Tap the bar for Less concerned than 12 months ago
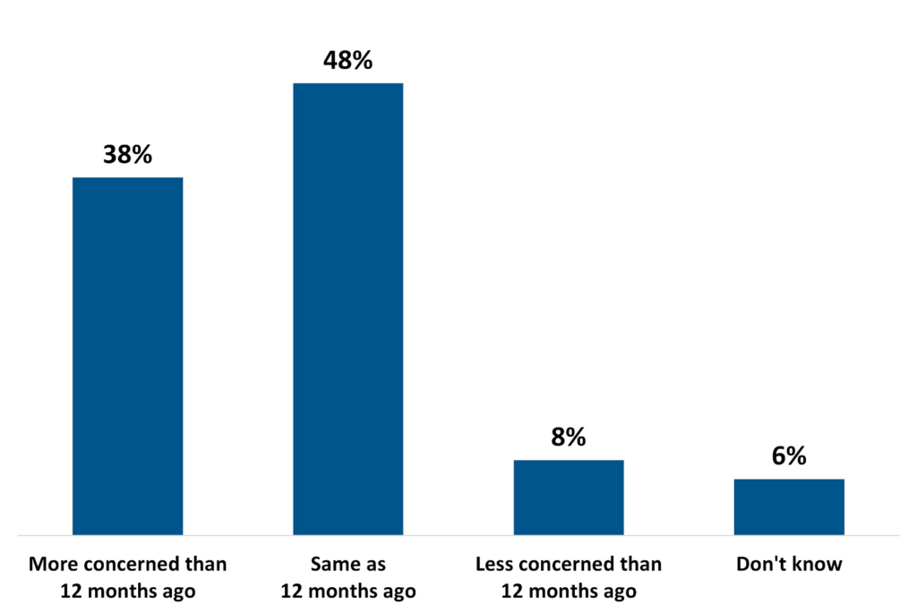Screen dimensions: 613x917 [569, 498]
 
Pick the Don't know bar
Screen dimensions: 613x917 [789, 507]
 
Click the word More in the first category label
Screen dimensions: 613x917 [50, 565]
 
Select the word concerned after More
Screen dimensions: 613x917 [129, 565]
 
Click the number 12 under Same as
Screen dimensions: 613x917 [291, 592]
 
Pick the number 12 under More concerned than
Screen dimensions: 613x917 [71, 592]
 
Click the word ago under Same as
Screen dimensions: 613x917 [398, 592]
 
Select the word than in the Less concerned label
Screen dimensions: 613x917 [644, 565]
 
